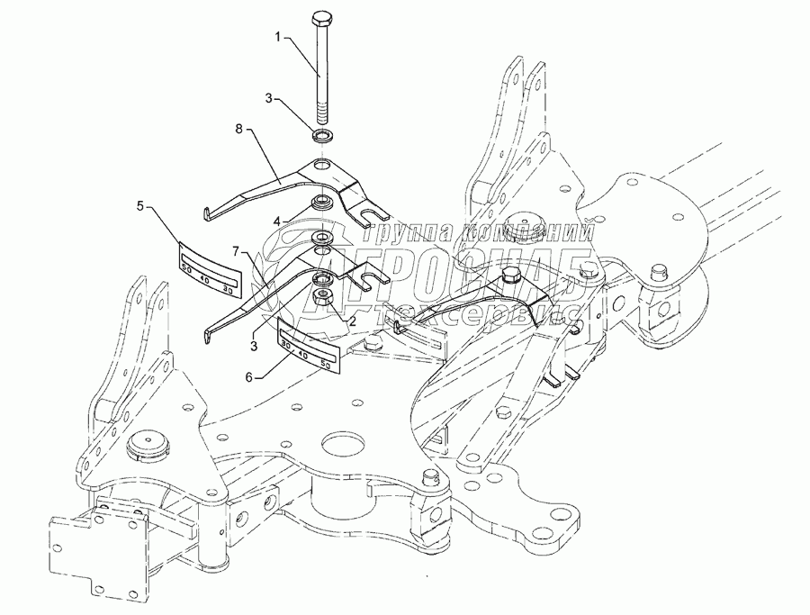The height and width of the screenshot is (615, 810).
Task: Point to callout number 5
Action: click(139, 206)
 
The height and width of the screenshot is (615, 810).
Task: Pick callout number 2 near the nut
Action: click(354, 320)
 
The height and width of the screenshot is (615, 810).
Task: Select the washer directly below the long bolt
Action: click(320, 137)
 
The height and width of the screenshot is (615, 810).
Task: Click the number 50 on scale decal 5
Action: click(186, 267)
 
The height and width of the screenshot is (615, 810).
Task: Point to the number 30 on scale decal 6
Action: click(285, 344)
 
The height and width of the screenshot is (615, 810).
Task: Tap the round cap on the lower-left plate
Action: click(146, 444)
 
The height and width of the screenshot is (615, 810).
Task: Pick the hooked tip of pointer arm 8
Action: click(206, 213)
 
